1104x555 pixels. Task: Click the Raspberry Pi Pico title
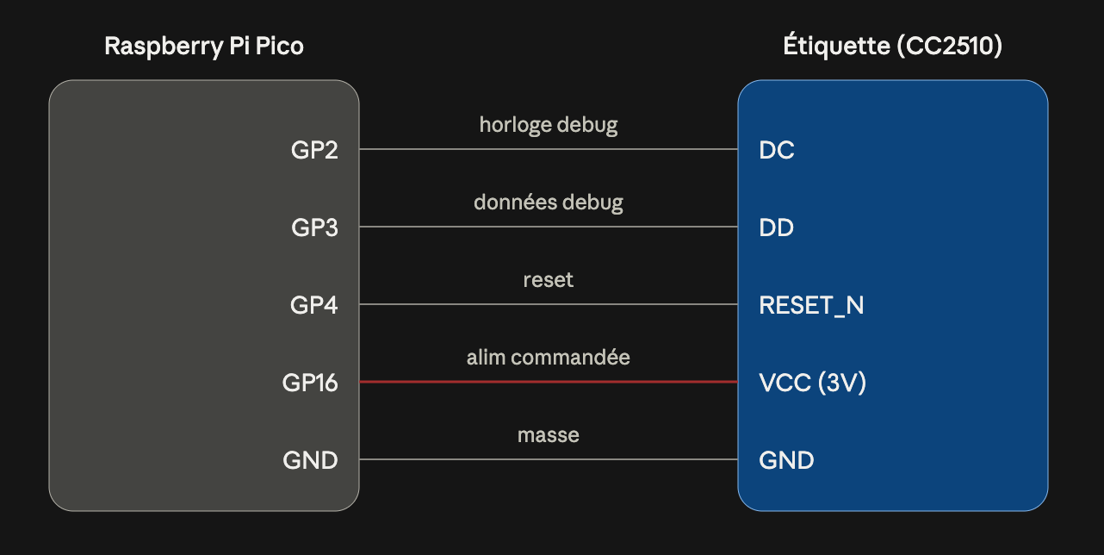tap(204, 47)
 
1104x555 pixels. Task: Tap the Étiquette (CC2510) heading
tap(892, 46)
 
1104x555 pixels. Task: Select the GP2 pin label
tap(314, 150)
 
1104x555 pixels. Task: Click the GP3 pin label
tap(314, 228)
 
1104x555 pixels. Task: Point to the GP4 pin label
tap(314, 305)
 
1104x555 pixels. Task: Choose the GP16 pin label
tap(310, 383)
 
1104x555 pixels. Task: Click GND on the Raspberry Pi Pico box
tap(310, 460)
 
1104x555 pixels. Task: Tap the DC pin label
tap(777, 150)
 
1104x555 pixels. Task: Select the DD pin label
tap(776, 228)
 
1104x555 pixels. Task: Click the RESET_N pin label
tap(811, 305)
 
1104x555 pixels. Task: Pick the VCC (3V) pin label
tap(812, 383)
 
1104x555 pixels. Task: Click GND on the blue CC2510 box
tap(786, 460)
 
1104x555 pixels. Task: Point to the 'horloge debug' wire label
tap(548, 125)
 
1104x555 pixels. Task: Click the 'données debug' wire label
tap(548, 203)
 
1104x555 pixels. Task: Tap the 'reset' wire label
tap(548, 280)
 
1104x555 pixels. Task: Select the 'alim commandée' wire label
tap(548, 358)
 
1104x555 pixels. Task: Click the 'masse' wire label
tap(548, 435)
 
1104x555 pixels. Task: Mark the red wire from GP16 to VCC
tap(549, 382)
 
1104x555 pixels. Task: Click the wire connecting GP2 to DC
tap(549, 149)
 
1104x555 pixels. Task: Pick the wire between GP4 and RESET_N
tap(549, 304)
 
